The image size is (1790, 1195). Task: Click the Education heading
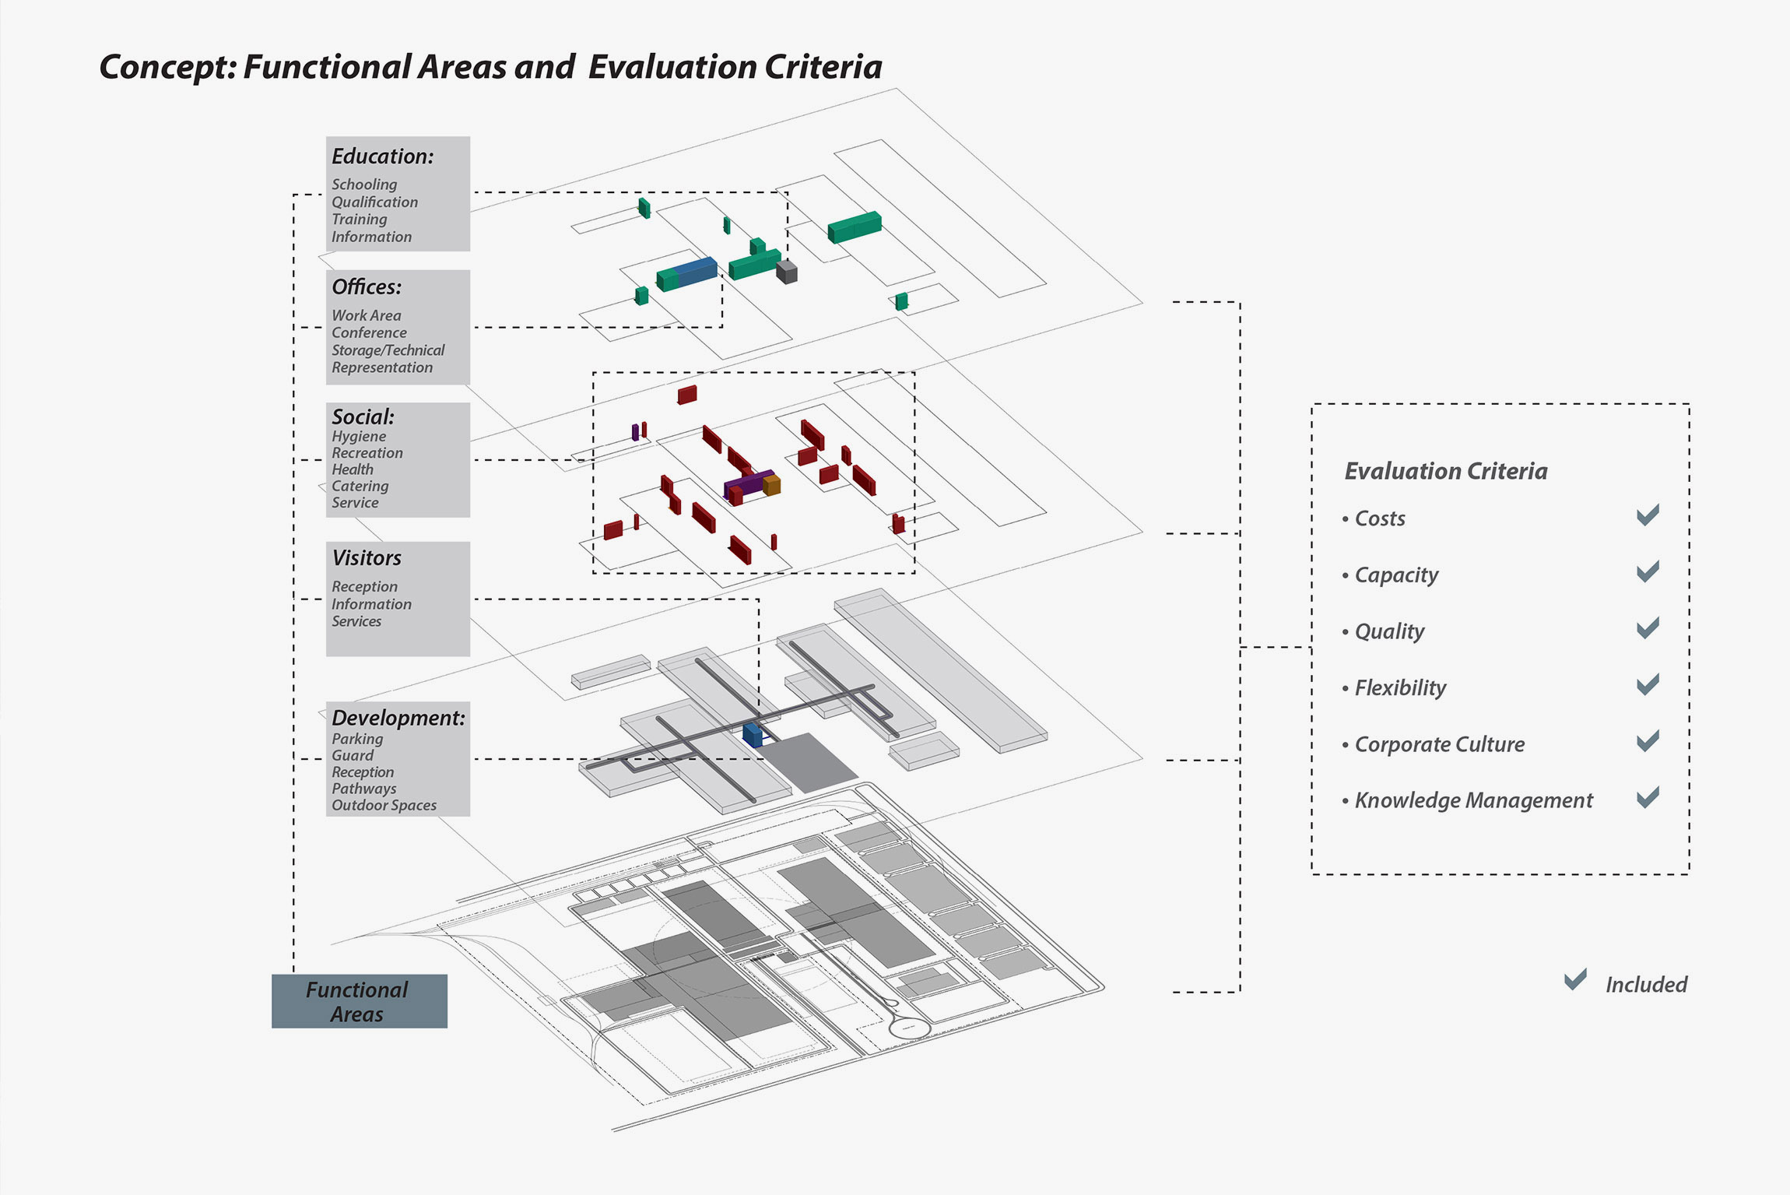point(382,156)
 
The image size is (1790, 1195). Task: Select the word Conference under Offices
point(369,332)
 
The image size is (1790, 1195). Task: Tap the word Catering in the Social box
point(360,486)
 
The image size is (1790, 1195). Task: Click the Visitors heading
point(367,558)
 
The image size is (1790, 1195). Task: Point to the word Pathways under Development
point(363,789)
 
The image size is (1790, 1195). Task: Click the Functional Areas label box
point(359,1001)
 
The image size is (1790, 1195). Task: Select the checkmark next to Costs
point(1648,515)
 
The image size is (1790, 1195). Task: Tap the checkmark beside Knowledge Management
point(1648,797)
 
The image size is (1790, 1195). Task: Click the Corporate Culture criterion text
point(1439,744)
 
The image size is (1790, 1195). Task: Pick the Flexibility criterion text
point(1400,688)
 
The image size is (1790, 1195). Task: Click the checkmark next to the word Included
point(1575,979)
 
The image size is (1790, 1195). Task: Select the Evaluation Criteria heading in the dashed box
point(1446,471)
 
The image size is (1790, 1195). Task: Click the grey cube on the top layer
point(787,272)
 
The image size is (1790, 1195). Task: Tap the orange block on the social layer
point(771,485)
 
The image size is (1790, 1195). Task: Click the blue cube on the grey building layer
point(753,735)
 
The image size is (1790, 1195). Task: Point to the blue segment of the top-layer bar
point(697,272)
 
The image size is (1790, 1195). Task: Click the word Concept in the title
point(167,68)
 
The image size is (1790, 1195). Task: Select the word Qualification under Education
point(374,202)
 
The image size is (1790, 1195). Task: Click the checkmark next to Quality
point(1648,627)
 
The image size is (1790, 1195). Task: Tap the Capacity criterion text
point(1396,575)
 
